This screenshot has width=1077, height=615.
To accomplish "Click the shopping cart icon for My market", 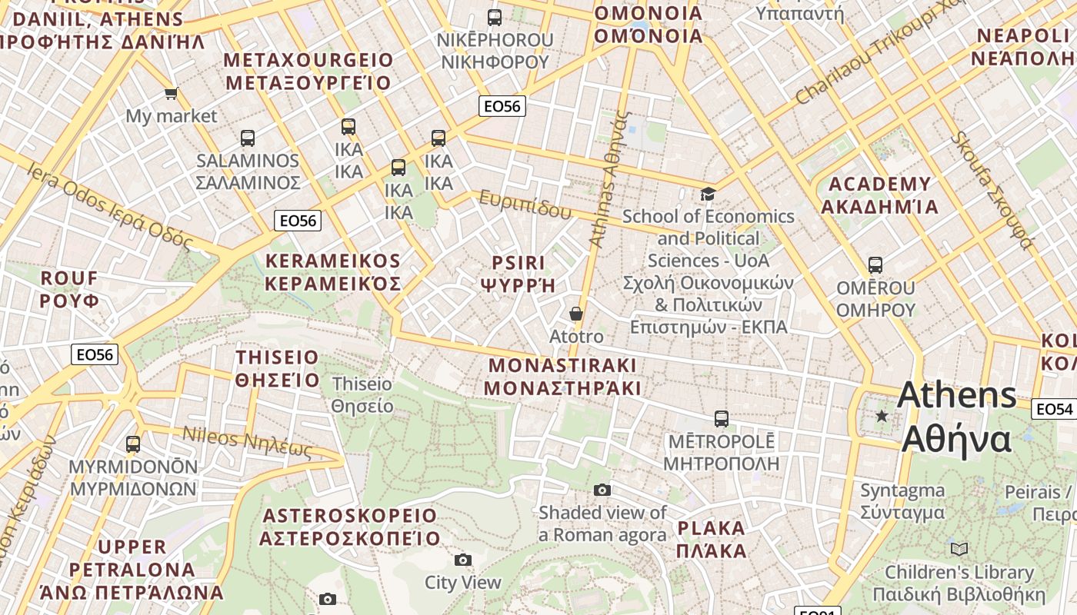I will [171, 93].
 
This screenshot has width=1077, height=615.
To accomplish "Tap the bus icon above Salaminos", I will [247, 138].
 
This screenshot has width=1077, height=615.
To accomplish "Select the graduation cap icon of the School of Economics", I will [707, 194].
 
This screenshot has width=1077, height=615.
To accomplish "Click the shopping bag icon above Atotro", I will [575, 314].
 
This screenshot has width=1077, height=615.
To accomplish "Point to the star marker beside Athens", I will [882, 416].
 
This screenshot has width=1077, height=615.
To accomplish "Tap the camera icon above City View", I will [462, 560].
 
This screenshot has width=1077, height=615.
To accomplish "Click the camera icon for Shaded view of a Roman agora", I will [602, 490].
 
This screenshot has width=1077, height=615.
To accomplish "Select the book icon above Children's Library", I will [959, 549].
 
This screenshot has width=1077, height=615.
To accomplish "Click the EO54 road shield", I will [1052, 409].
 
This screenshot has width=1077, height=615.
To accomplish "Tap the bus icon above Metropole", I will [721, 418].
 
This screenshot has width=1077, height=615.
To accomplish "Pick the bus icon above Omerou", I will [875, 265].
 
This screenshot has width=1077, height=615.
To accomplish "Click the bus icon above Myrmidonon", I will [133, 444].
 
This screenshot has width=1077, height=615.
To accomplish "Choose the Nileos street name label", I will [246, 443].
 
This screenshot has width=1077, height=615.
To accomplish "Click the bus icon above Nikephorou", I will [495, 17].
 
